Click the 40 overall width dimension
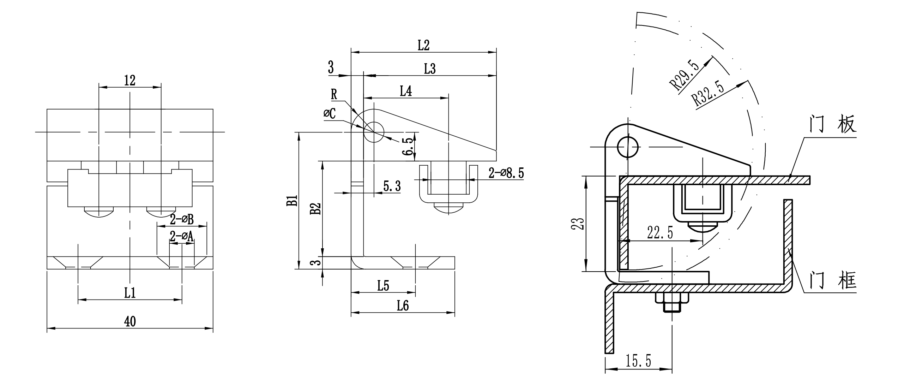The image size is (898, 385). [130, 321]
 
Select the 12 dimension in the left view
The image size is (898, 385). [130, 81]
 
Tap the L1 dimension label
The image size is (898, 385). [130, 292]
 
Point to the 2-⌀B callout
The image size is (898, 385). [182, 220]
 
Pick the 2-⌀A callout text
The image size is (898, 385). [182, 236]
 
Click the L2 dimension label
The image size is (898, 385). [423, 45]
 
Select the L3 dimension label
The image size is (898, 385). [430, 69]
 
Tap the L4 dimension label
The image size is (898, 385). [406, 91]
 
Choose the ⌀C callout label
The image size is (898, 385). [330, 113]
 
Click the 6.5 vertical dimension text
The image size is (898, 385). [408, 147]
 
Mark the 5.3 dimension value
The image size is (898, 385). [392, 186]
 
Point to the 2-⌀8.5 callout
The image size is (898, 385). [506, 173]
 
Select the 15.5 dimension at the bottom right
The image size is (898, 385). [638, 361]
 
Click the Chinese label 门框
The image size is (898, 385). [833, 281]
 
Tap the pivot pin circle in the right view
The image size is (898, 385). [628, 147]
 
